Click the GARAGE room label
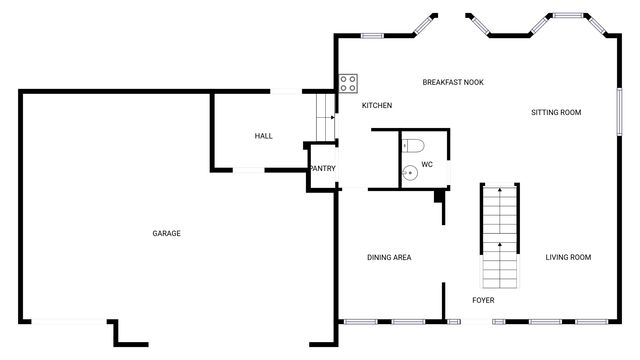click(x=166, y=233)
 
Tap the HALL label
click(x=263, y=136)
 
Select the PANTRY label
click(x=322, y=168)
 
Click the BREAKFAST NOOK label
click(x=453, y=82)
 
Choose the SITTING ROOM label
click(x=556, y=112)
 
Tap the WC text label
click(x=427, y=164)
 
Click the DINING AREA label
click(x=389, y=258)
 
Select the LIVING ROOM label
click(x=568, y=258)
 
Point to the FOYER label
click(x=483, y=300)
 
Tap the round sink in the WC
click(x=410, y=173)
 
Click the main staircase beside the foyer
click(x=499, y=235)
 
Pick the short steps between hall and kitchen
click(x=324, y=116)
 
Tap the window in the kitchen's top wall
click(x=372, y=37)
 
